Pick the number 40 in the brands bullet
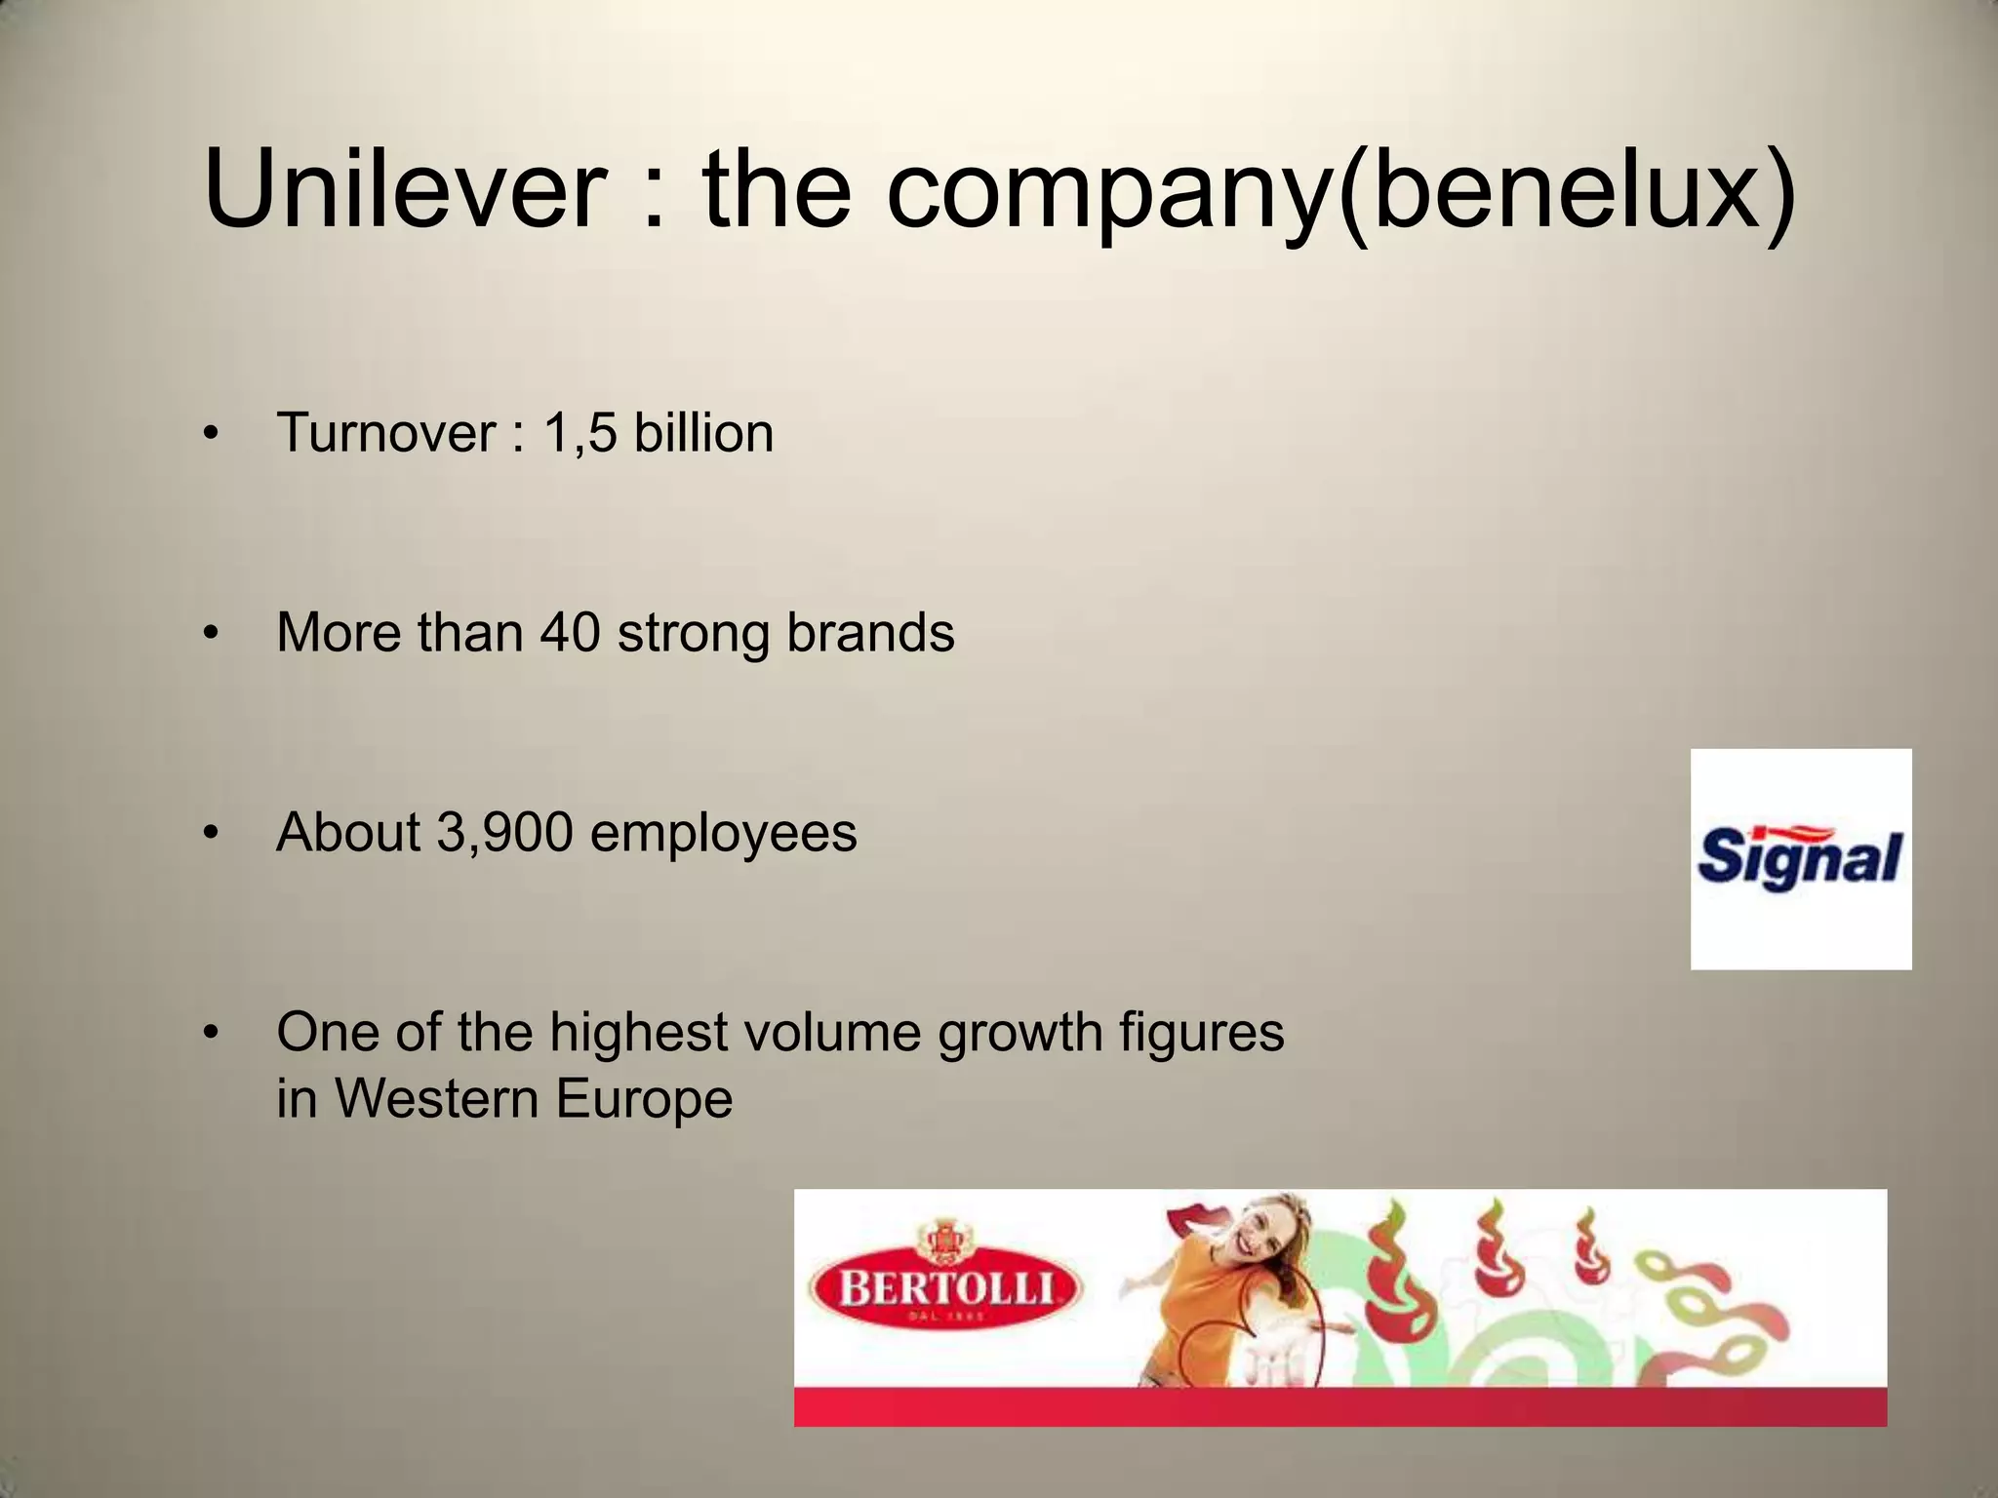click(570, 632)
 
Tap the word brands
click(870, 632)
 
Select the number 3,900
click(504, 833)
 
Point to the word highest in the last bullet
click(638, 1033)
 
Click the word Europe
click(644, 1099)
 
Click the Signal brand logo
click(1800, 858)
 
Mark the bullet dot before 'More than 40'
click(210, 634)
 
